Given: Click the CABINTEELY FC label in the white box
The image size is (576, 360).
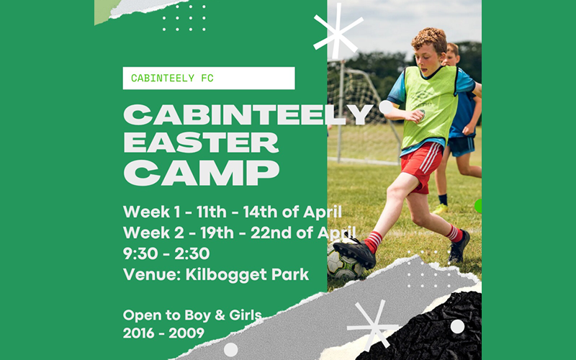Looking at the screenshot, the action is [172, 78].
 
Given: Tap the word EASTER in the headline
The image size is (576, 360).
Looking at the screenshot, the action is [201, 143].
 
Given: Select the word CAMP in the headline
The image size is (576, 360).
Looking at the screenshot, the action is [202, 173].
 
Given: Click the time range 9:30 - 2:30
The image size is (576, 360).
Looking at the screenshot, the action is [166, 254].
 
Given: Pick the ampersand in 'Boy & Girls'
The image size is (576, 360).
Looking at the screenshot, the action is [220, 315].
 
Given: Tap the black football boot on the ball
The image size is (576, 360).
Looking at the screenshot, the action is [354, 252].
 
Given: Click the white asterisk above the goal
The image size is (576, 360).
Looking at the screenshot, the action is [338, 31].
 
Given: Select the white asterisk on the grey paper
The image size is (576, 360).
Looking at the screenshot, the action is [372, 325].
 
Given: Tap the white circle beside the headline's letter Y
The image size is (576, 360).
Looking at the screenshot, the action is [386, 107].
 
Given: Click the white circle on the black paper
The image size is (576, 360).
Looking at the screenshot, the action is [457, 327].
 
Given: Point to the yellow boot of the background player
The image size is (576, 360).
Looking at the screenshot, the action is [440, 209].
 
